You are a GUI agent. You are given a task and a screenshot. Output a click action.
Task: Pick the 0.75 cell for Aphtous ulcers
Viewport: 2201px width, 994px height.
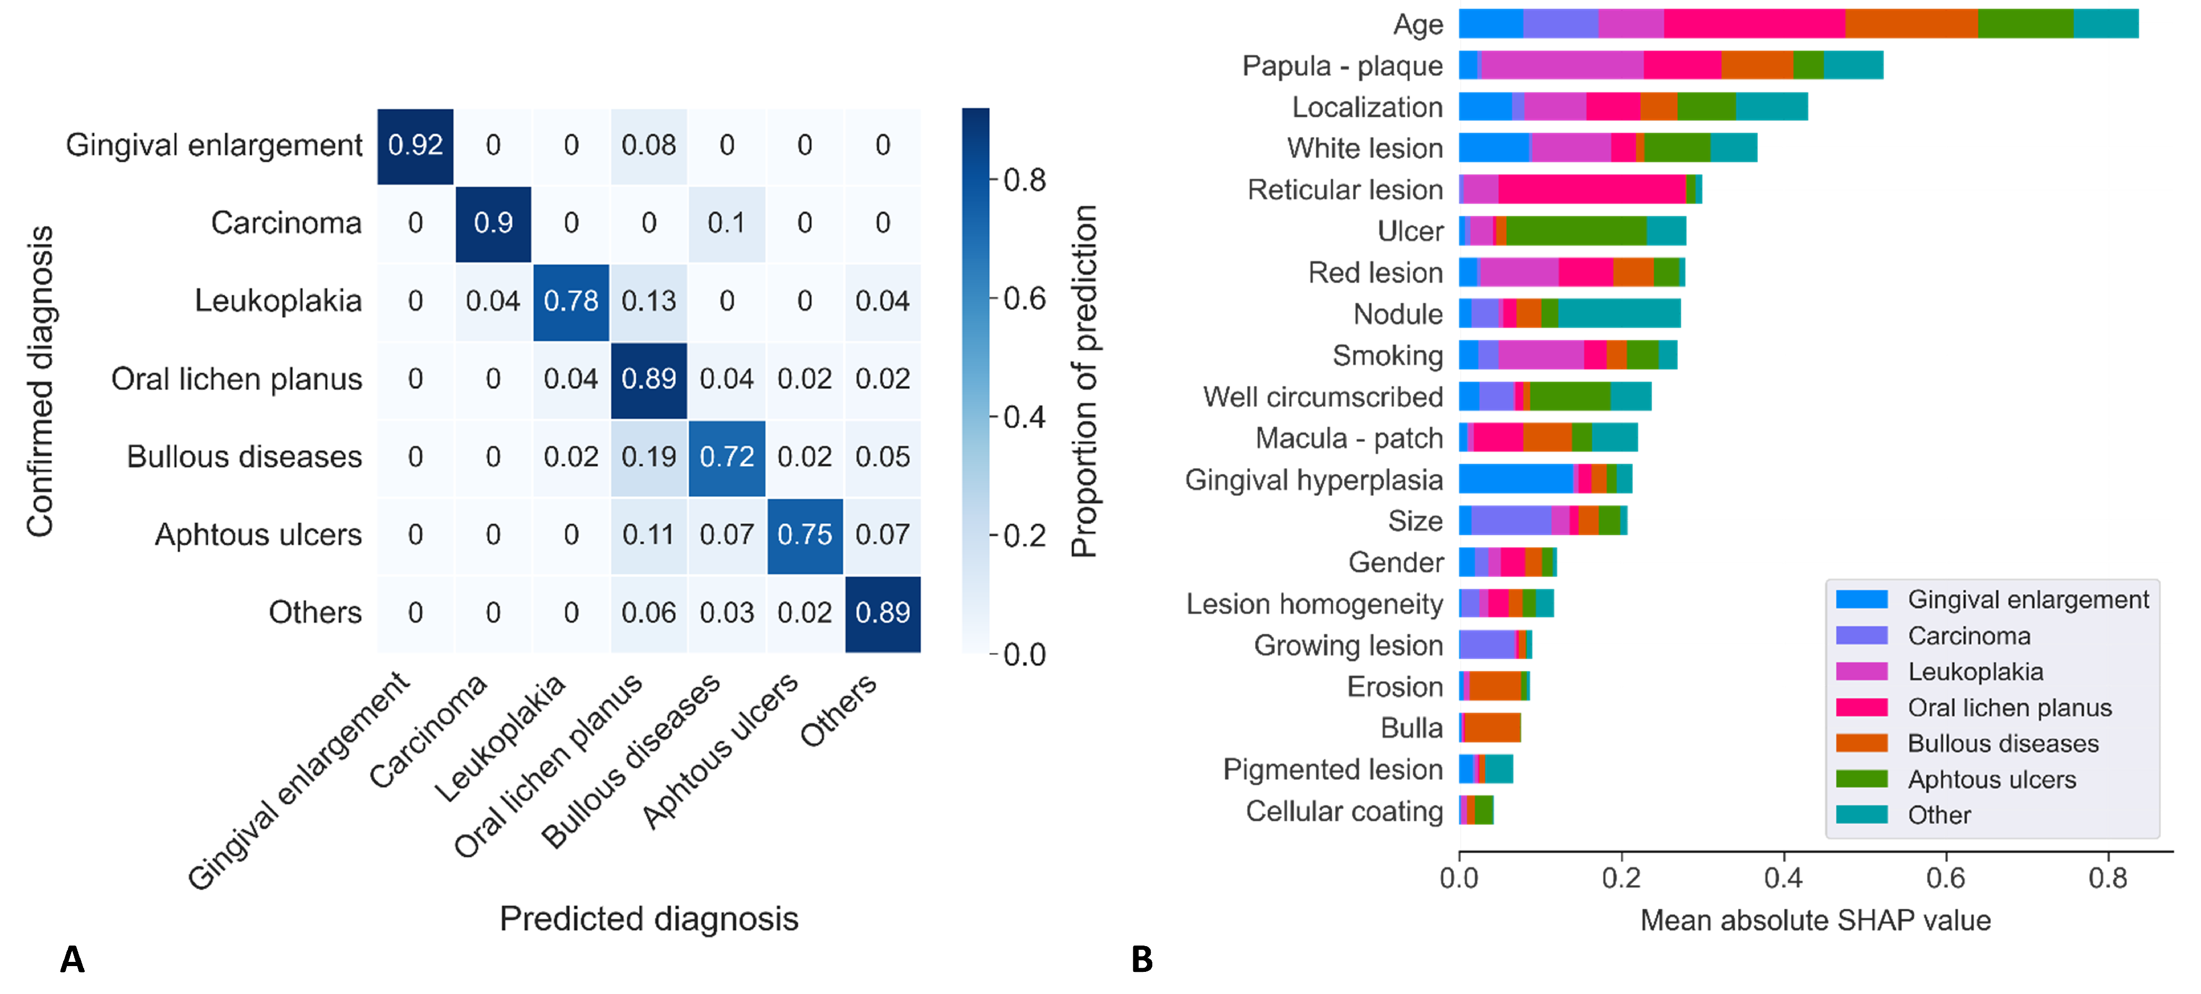804,535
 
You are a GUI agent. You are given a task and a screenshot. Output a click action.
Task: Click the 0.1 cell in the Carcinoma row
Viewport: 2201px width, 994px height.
726,224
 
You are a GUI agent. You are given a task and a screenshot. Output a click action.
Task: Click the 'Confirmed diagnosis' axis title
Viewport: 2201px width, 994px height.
40,381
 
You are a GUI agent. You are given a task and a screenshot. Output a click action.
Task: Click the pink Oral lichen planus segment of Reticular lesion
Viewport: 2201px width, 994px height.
1591,190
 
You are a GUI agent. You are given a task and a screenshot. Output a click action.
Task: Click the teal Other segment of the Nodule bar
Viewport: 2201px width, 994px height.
1619,314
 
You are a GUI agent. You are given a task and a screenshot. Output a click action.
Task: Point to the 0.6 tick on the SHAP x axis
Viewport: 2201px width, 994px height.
1945,877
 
